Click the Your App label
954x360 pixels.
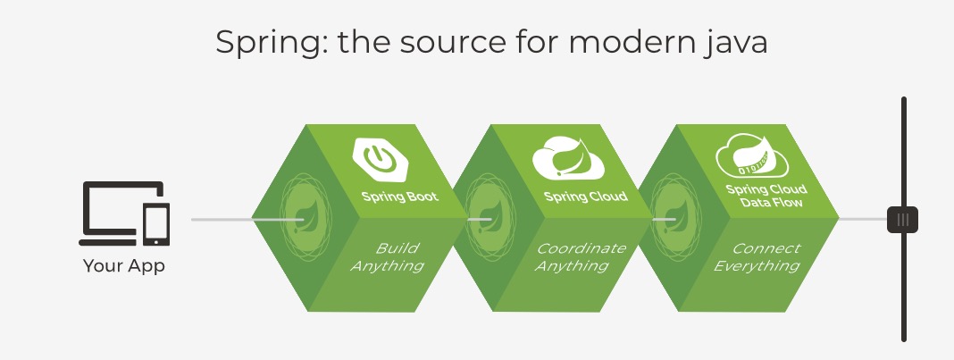124,265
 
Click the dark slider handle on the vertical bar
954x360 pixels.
902,219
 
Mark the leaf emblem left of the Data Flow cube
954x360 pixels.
670,218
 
